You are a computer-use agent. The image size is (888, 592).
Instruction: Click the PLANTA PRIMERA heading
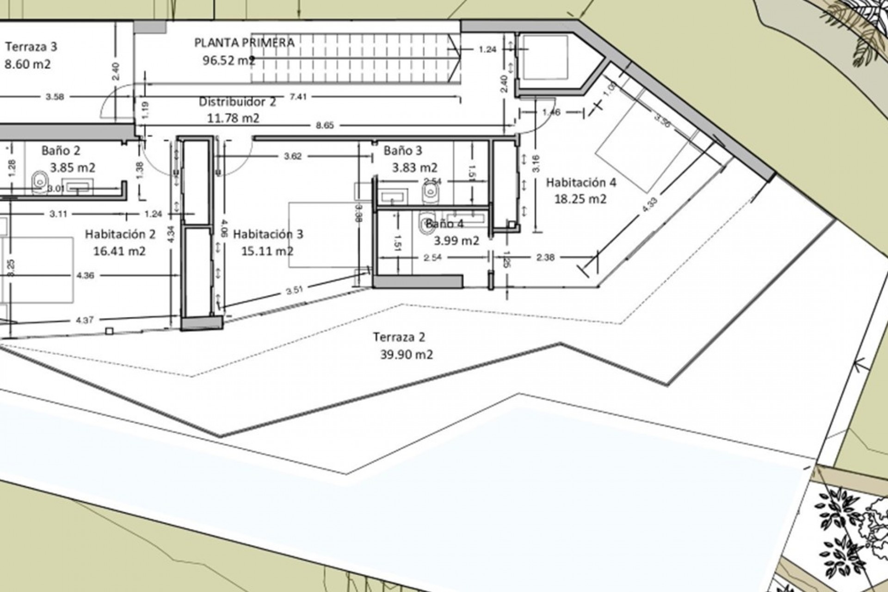(244, 43)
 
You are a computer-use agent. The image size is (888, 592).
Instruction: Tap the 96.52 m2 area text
(228, 60)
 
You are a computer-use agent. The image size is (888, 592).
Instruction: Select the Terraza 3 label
(31, 47)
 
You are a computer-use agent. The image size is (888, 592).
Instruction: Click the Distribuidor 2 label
(237, 102)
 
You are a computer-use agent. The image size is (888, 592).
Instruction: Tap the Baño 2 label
(61, 150)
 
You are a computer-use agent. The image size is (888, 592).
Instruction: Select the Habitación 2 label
(120, 234)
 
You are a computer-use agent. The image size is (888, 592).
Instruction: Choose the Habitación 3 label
(268, 234)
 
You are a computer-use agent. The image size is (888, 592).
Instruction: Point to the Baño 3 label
(403, 150)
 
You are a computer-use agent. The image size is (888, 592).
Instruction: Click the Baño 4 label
(444, 224)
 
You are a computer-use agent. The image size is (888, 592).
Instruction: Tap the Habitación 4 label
(581, 182)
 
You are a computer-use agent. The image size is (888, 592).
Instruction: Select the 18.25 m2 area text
(580, 199)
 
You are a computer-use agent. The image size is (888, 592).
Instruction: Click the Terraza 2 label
(399, 337)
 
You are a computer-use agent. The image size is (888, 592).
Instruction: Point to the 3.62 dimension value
(293, 156)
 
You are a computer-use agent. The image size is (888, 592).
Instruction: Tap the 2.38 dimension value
(545, 258)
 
